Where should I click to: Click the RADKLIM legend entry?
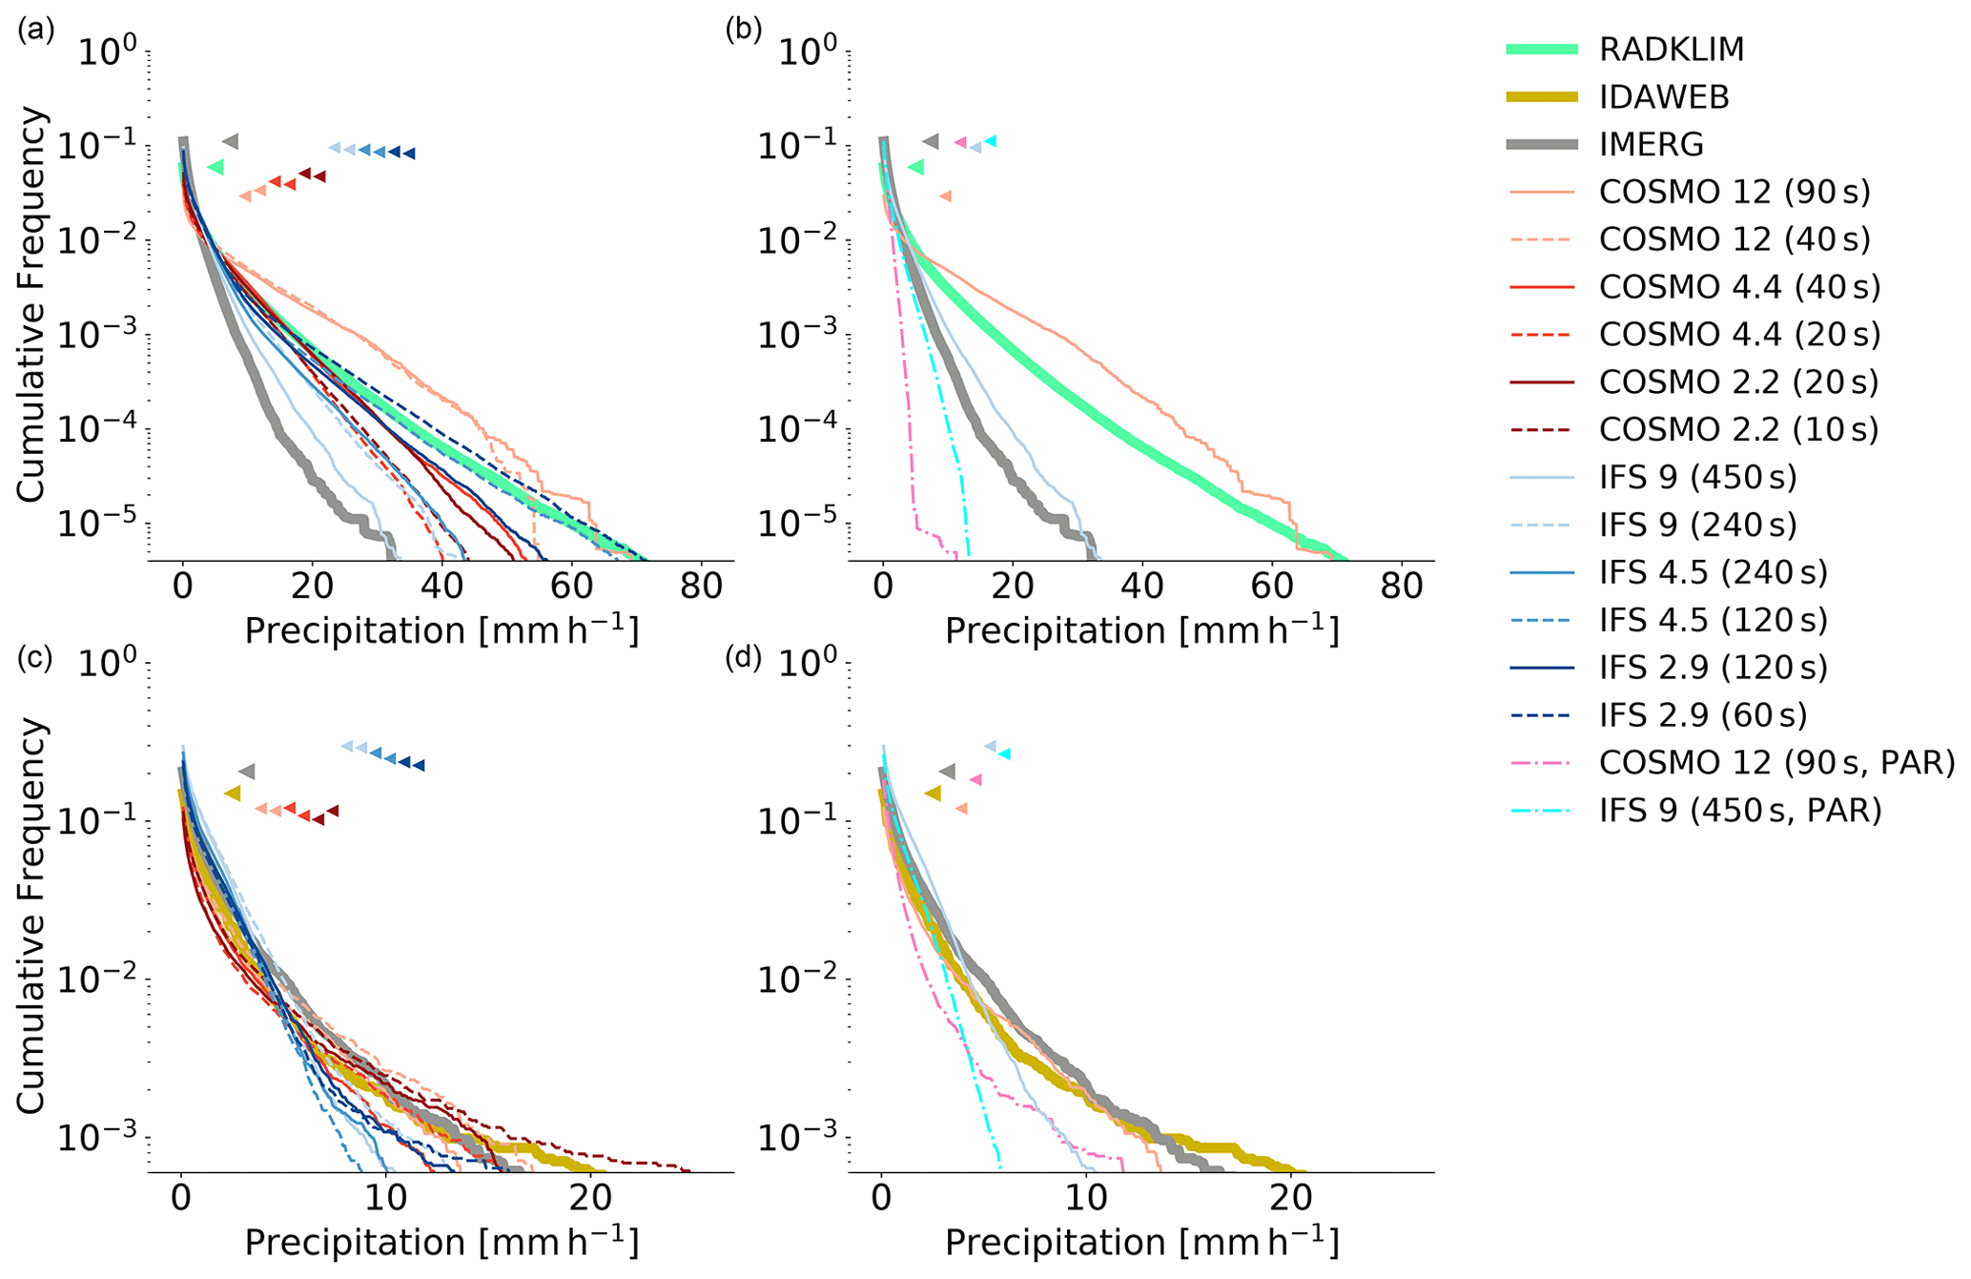pyautogui.click(x=1671, y=50)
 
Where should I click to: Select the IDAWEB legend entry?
pyautogui.click(x=1664, y=97)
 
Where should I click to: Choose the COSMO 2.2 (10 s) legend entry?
pyautogui.click(x=1738, y=430)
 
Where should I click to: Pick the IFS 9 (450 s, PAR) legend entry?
pyautogui.click(x=1740, y=812)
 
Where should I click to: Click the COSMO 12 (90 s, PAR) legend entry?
pyautogui.click(x=1776, y=764)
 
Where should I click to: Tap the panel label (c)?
pyautogui.click(x=36, y=657)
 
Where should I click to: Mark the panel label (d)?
pyautogui.click(x=744, y=657)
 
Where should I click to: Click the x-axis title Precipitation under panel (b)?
pyautogui.click(x=1141, y=630)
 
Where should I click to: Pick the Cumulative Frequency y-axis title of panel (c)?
pyautogui.click(x=31, y=915)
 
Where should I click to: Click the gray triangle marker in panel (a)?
pyautogui.click(x=231, y=141)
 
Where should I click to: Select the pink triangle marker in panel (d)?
pyautogui.click(x=975, y=779)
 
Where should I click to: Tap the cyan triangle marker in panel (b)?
pyautogui.click(x=992, y=141)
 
